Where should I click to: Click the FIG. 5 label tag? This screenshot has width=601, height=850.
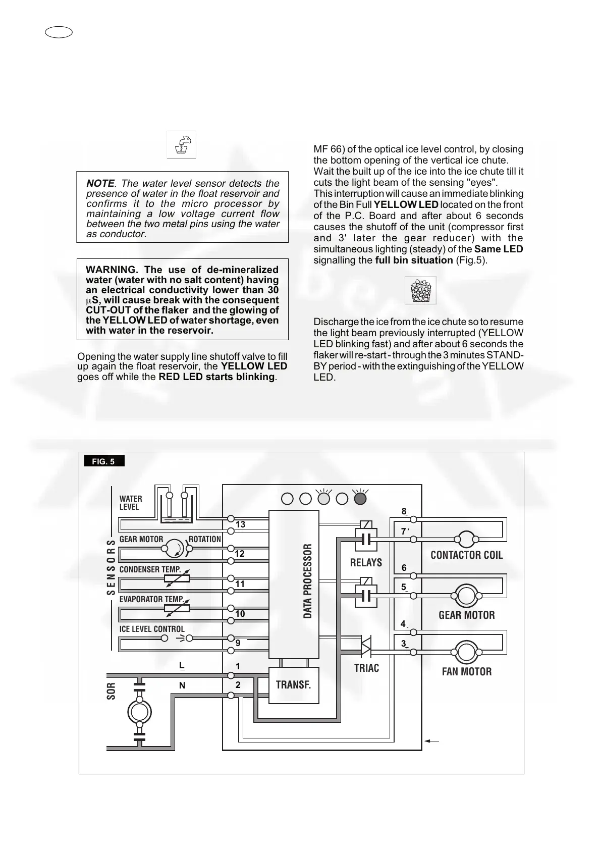[103, 461]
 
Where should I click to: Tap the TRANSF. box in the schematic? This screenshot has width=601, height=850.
[293, 685]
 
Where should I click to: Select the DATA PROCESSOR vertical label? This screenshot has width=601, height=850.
[308, 581]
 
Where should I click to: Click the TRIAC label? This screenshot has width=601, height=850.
[366, 668]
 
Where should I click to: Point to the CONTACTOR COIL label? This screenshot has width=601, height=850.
[466, 555]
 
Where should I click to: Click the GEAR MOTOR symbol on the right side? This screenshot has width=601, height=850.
[466, 596]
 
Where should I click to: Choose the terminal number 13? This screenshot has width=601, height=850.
[240, 524]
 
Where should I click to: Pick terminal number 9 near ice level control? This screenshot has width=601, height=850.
[238, 644]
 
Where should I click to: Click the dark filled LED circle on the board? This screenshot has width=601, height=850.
[360, 499]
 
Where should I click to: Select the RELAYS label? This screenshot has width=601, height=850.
[366, 562]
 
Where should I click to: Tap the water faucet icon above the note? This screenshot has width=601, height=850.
[182, 144]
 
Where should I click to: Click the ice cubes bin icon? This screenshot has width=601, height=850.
[420, 291]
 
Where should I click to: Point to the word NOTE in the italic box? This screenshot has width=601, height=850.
[100, 184]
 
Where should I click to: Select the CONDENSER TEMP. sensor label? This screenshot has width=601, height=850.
[150, 569]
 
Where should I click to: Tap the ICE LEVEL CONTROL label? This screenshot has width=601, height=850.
[152, 629]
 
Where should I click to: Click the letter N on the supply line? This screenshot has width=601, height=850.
[182, 685]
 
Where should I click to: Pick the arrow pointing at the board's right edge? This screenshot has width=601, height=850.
[432, 741]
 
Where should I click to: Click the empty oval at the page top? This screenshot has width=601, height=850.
[59, 32]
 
